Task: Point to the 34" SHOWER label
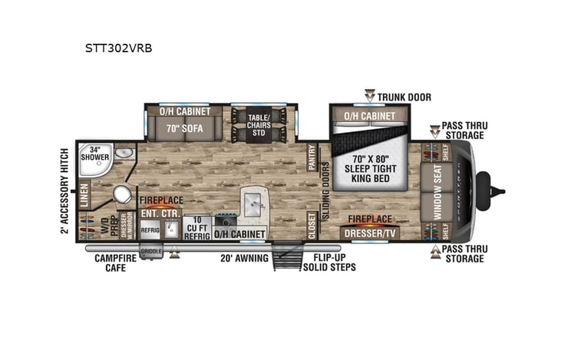pyautogui.click(x=96, y=153)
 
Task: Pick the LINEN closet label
pyautogui.click(x=84, y=194)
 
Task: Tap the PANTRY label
pyautogui.click(x=312, y=157)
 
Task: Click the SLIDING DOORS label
pyautogui.click(x=325, y=186)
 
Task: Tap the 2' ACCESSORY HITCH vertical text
pyautogui.click(x=65, y=190)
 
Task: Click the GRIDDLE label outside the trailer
pyautogui.click(x=151, y=250)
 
